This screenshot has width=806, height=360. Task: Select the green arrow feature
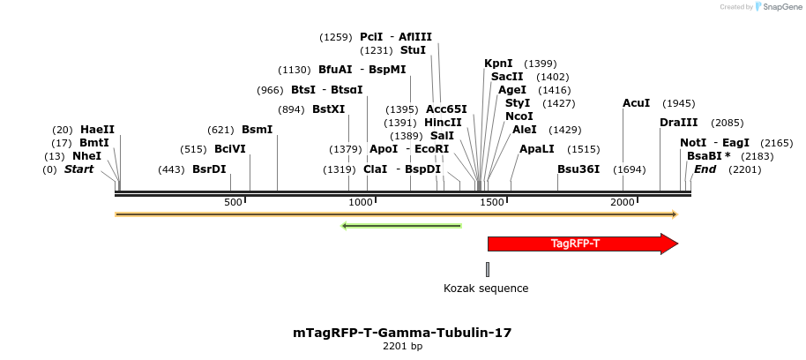(x=401, y=226)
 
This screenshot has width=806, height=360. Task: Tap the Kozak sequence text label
(x=486, y=289)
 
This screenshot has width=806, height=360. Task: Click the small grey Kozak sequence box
(x=488, y=269)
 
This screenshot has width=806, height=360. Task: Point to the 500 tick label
(x=233, y=202)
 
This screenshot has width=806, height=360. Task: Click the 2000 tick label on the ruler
(x=623, y=202)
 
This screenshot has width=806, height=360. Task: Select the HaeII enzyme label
(x=97, y=130)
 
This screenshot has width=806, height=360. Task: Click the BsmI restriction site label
(x=257, y=130)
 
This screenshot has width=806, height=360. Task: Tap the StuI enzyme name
(x=413, y=50)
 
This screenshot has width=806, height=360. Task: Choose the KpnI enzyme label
(x=498, y=64)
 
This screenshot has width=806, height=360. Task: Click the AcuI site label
(x=636, y=103)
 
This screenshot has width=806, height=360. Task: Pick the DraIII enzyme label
(x=678, y=123)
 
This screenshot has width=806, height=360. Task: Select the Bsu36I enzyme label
(x=578, y=169)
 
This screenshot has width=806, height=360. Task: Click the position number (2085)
(x=728, y=123)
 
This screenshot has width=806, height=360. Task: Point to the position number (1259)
(x=335, y=37)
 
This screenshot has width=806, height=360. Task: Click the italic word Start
(x=78, y=169)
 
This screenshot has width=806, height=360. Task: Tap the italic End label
(x=705, y=169)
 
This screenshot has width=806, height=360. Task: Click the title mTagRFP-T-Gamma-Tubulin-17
(x=402, y=333)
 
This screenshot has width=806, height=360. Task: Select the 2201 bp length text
(x=402, y=347)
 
